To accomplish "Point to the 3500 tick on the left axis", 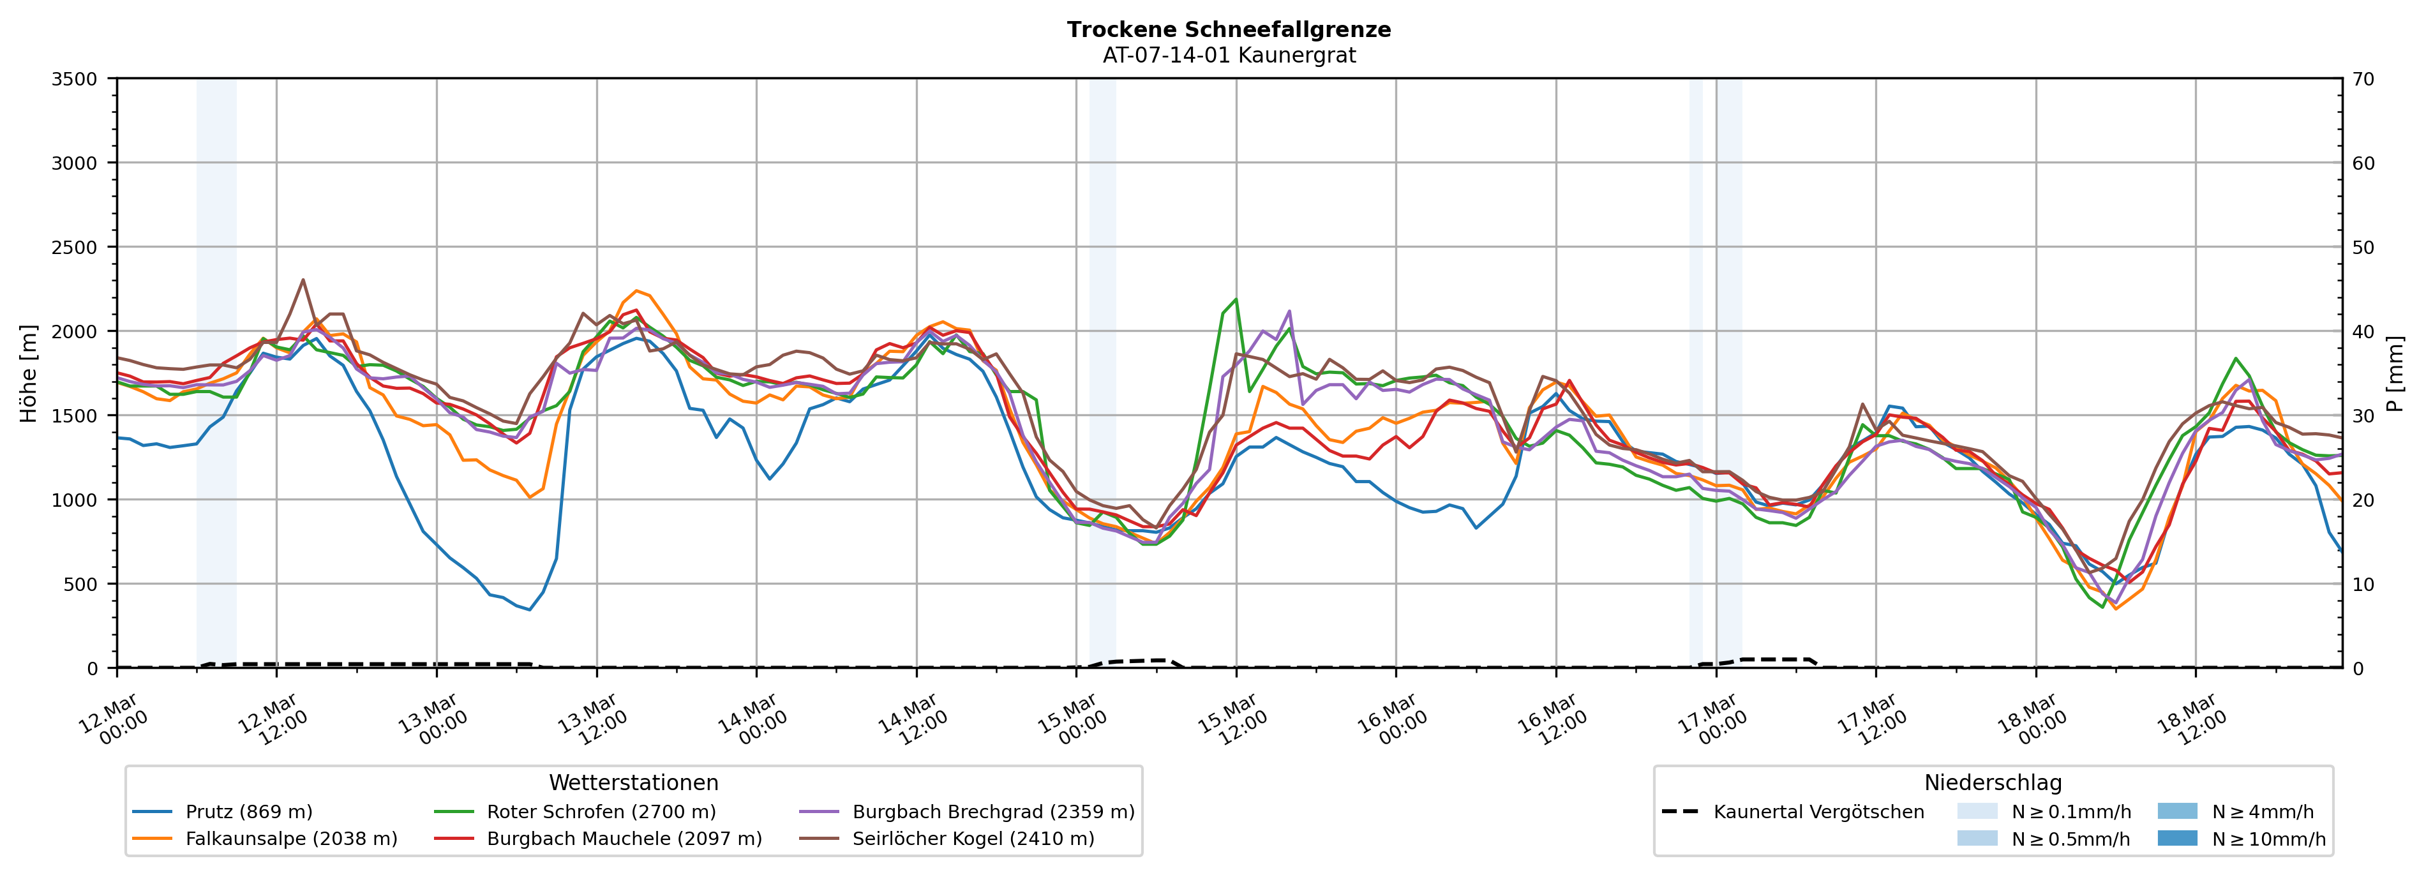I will tap(75, 79).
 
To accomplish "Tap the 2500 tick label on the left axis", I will tap(75, 248).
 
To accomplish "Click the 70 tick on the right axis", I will tap(2363, 79).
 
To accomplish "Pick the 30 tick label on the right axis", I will tap(2363, 416).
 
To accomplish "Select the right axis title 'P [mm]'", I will tap(2395, 373).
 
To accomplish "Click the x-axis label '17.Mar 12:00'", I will tap(1872, 721).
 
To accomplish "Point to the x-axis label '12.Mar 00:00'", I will tap(113, 721).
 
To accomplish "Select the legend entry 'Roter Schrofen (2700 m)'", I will tap(601, 812).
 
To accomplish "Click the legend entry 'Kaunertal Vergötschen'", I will tap(1818, 812).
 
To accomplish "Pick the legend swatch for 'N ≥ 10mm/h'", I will tap(2176, 838).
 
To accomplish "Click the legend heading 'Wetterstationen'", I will tap(633, 782).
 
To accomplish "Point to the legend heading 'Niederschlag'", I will tap(1993, 782).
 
